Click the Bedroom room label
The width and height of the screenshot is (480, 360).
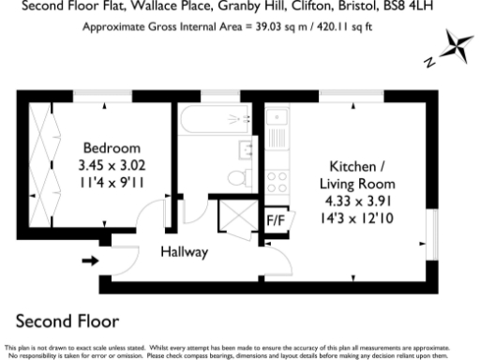pos(112,148)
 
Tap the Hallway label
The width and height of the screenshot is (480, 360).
pos(184,251)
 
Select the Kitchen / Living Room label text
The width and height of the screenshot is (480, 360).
pos(358,173)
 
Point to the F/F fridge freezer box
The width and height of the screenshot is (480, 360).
pos(277,220)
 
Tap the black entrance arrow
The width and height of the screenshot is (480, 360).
pos(91,260)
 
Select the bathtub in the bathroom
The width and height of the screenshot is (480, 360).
pos(215,119)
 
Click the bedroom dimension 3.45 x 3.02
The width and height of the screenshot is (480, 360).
pos(112,165)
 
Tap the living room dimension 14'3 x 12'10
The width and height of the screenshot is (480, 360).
pos(358,217)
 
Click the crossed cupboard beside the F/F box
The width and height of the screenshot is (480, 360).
pos(231,217)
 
